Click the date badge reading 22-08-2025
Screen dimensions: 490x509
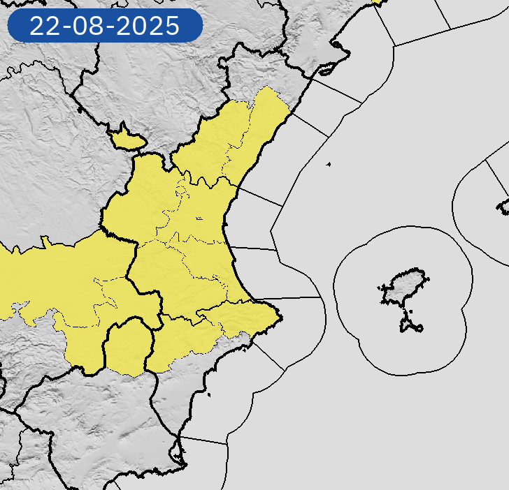[x=105, y=27]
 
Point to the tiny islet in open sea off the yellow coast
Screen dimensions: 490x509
[x=328, y=165]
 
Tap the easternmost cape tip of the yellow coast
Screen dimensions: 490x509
[x=280, y=318]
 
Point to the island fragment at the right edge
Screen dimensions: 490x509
[x=503, y=206]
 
